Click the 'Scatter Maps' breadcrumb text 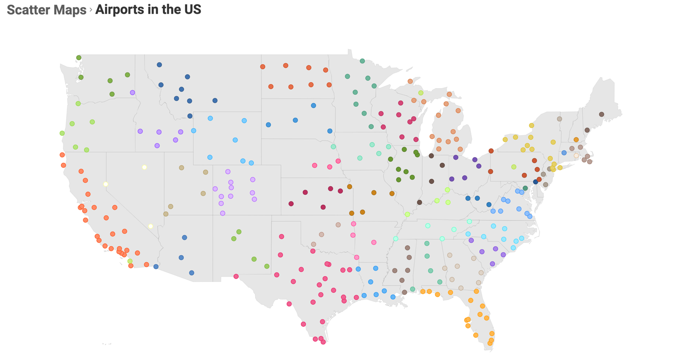click(46, 10)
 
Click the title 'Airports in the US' click(148, 9)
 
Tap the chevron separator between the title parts click(90, 10)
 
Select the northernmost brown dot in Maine click(601, 114)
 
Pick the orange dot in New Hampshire click(576, 140)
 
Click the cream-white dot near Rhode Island click(576, 155)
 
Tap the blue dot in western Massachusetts click(564, 153)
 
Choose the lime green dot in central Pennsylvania click(514, 167)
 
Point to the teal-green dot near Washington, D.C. click(525, 188)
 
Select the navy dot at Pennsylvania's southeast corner click(535, 182)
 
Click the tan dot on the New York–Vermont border click(559, 119)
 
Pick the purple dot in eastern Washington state click(132, 92)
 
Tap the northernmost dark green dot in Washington click(79, 58)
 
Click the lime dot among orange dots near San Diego click(130, 261)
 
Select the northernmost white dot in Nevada click(144, 167)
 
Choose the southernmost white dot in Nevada click(150, 226)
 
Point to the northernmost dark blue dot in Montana click(160, 65)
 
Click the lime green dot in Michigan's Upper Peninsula click(421, 93)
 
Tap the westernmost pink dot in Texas click(236, 276)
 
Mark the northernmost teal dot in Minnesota click(362, 61)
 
